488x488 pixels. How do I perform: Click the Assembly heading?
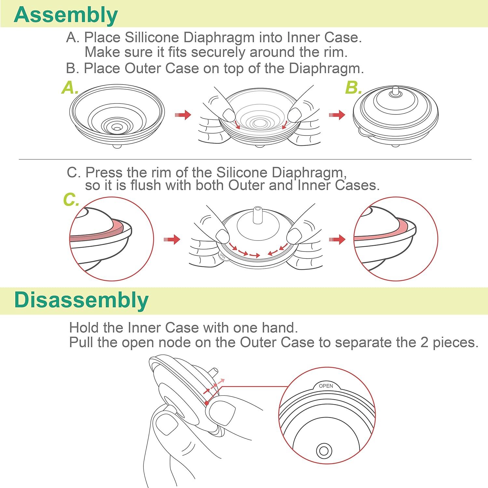click(x=66, y=15)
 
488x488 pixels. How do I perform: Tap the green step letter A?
click(x=69, y=88)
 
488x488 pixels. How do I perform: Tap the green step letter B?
click(x=353, y=88)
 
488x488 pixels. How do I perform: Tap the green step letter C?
click(x=71, y=199)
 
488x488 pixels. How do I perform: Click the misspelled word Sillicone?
click(x=152, y=37)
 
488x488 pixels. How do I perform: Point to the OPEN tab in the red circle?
click(x=326, y=386)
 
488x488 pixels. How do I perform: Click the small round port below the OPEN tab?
click(x=324, y=451)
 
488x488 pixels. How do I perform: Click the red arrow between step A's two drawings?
click(x=183, y=115)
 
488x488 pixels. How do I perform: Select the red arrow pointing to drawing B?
click(x=337, y=115)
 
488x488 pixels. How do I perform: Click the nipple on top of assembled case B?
click(x=395, y=91)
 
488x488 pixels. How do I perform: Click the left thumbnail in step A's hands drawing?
click(x=229, y=114)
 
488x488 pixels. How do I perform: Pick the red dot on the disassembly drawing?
click(x=207, y=403)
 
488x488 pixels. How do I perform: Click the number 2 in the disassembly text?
click(x=424, y=343)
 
